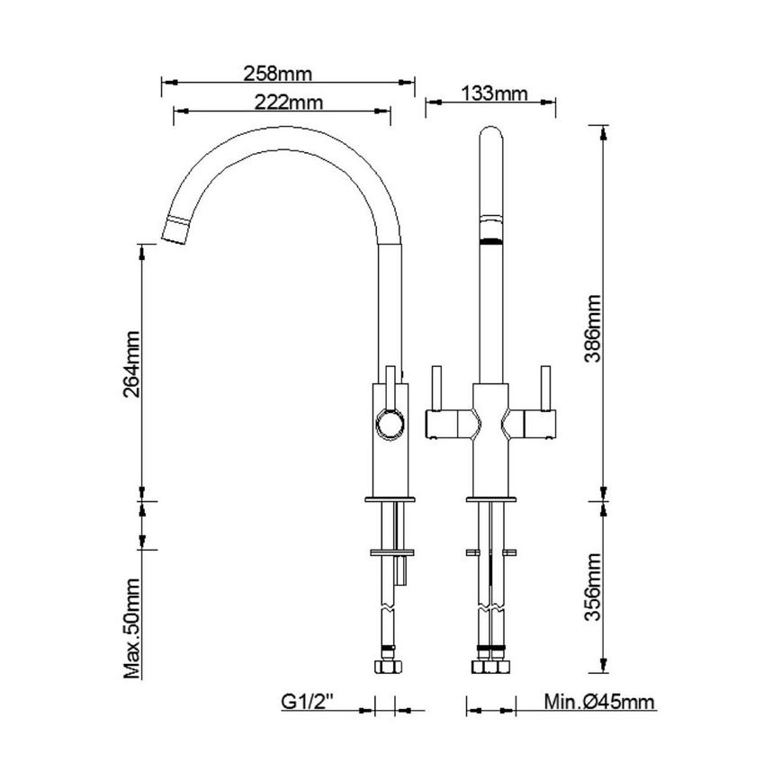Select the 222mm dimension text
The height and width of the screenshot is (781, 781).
tap(283, 102)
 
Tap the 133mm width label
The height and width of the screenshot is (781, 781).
tap(492, 92)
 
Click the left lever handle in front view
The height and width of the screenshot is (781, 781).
tap(436, 387)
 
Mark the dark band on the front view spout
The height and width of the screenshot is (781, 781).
tap(491, 240)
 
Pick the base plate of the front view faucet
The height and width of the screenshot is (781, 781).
tap(491, 498)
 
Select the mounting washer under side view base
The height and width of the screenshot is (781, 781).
tap(391, 551)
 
